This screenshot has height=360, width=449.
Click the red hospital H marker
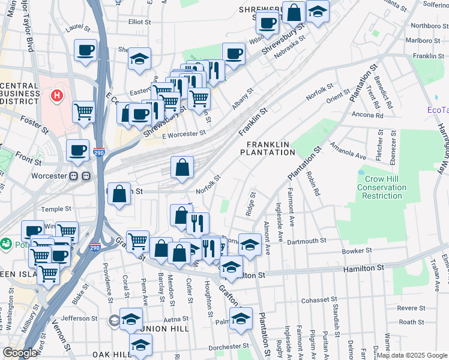tap(56, 95)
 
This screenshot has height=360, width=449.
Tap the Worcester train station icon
tap(80, 177)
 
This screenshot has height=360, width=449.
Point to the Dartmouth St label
tap(307, 240)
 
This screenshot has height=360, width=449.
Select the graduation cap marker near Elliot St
tap(139, 58)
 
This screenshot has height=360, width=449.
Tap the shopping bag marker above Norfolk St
tap(182, 167)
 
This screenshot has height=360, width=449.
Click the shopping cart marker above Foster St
tap(83, 110)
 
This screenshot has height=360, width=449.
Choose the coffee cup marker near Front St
tap(77, 150)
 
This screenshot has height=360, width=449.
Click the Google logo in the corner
tap(19, 353)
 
